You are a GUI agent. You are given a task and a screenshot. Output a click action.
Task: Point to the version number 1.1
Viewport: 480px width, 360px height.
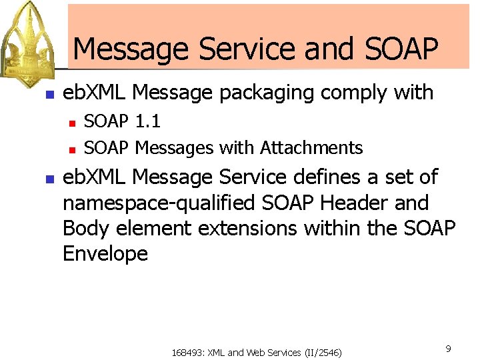pyautogui.click(x=147, y=122)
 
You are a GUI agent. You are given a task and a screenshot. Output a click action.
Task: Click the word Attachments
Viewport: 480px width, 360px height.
pyautogui.click(x=311, y=147)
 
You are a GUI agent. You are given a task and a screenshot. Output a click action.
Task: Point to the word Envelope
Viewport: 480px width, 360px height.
pyautogui.click(x=105, y=253)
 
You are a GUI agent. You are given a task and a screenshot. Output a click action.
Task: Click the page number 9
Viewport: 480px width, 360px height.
pyautogui.click(x=448, y=348)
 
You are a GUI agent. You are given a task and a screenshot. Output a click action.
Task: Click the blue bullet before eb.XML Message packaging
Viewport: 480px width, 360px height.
pyautogui.click(x=48, y=95)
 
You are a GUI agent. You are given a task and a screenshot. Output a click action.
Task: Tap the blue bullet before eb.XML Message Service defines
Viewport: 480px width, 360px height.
pyautogui.click(x=48, y=179)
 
